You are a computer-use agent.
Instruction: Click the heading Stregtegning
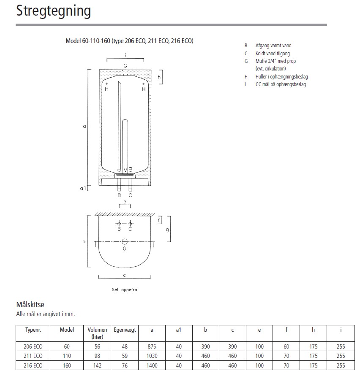click(54, 11)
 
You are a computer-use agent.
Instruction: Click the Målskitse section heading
click(30, 304)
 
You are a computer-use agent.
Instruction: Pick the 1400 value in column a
click(152, 365)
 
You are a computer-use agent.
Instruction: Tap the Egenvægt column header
click(124, 330)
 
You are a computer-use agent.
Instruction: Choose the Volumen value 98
click(97, 356)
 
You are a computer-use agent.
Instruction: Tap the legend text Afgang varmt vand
click(273, 46)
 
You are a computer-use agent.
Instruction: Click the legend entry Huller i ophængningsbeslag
click(281, 76)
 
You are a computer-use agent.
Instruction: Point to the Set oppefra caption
click(124, 290)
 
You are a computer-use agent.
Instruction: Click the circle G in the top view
click(125, 242)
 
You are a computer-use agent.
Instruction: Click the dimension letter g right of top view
click(167, 230)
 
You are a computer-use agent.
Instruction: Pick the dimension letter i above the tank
click(125, 55)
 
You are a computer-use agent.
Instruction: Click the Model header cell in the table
click(67, 330)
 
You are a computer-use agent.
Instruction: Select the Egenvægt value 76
click(124, 365)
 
